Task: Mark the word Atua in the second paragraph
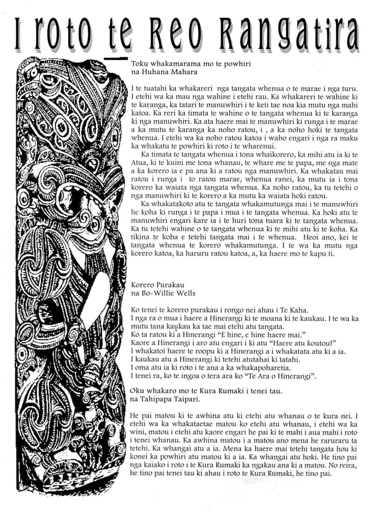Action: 138,163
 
